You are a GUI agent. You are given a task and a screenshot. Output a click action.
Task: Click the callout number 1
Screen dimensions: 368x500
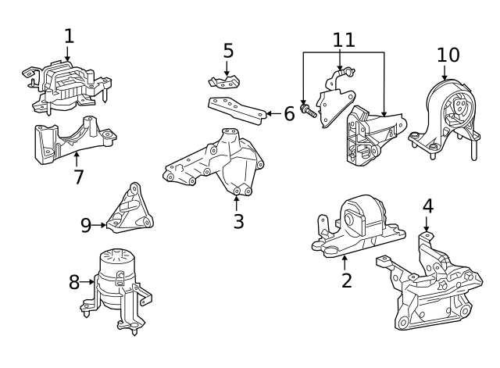pyautogui.click(x=69, y=35)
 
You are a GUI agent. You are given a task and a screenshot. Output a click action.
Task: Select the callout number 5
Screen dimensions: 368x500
pyautogui.click(x=228, y=51)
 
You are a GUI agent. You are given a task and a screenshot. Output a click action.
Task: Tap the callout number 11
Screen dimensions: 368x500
pyautogui.click(x=344, y=39)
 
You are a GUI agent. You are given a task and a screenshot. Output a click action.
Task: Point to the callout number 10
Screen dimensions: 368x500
pyautogui.click(x=448, y=55)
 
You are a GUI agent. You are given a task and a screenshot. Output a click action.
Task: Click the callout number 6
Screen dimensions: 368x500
pyautogui.click(x=288, y=114)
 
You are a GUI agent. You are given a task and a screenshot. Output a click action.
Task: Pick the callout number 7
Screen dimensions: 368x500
pyautogui.click(x=78, y=177)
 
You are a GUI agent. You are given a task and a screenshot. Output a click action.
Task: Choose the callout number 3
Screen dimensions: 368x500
pyautogui.click(x=238, y=221)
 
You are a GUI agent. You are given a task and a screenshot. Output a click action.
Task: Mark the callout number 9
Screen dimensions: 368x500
pyautogui.click(x=86, y=226)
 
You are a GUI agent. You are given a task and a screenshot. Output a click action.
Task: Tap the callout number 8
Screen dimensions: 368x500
pyautogui.click(x=74, y=282)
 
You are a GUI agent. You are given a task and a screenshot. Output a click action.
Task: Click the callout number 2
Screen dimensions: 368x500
pyautogui.click(x=346, y=279)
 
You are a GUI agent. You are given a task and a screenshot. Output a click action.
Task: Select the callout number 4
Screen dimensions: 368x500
pyautogui.click(x=427, y=206)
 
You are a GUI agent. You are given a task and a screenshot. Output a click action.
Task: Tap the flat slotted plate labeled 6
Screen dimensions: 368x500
pyautogui.click(x=234, y=109)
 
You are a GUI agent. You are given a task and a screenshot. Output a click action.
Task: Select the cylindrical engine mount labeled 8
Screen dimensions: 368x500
pyautogui.click(x=117, y=285)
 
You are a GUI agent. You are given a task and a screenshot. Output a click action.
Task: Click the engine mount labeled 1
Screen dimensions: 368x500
pyautogui.click(x=66, y=86)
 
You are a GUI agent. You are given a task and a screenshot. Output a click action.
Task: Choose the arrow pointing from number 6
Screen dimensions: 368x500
pyautogui.click(x=272, y=114)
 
